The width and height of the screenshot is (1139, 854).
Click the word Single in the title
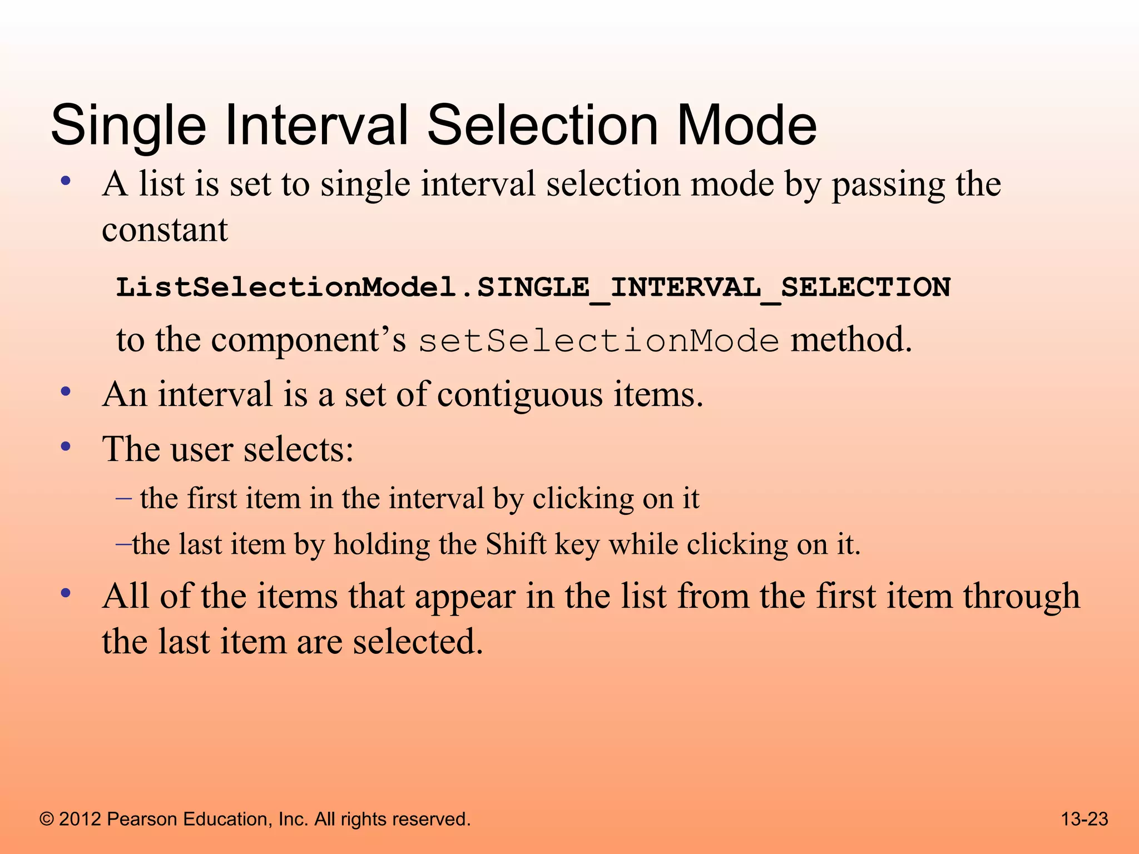pyautogui.click(x=128, y=127)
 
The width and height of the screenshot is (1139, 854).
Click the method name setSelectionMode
pyautogui.click(x=598, y=341)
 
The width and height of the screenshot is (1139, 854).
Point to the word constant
pyautogui.click(x=165, y=230)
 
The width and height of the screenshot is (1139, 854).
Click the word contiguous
pyautogui.click(x=520, y=395)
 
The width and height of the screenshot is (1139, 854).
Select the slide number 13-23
pyautogui.click(x=1084, y=819)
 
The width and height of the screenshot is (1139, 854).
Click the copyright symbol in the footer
pyautogui.click(x=47, y=820)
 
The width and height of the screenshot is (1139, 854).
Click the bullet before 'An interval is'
pyautogui.click(x=66, y=393)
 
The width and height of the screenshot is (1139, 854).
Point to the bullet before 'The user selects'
pyautogui.click(x=66, y=446)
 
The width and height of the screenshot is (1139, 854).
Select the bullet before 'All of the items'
pyautogui.click(x=66, y=593)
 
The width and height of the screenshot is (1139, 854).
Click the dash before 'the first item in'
pyautogui.click(x=123, y=498)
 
